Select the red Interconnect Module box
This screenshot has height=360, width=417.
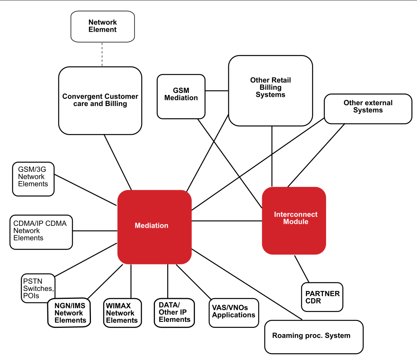[x=294, y=220]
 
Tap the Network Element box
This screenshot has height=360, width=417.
[x=102, y=26]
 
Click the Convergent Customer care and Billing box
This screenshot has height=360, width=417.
[x=100, y=100]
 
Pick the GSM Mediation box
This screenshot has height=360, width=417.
[x=181, y=96]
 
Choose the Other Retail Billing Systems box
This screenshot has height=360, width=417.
[x=270, y=90]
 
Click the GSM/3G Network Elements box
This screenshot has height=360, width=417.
[x=33, y=179]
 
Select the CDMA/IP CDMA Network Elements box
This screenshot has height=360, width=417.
[x=41, y=233]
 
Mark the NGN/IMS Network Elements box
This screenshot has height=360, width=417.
[x=69, y=313]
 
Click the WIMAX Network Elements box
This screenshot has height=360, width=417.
[x=122, y=313]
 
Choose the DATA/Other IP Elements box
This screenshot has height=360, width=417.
[x=174, y=313]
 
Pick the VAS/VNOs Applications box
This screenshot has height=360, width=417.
[x=234, y=313]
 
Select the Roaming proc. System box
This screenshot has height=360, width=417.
[x=314, y=337]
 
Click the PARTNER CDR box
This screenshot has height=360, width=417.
[x=322, y=297]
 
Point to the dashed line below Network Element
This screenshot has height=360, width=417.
[x=102, y=54]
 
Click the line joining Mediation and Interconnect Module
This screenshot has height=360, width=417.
[x=226, y=221]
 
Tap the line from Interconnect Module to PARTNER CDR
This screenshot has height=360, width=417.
[x=301, y=269]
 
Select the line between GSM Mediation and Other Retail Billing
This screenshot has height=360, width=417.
[x=216, y=91]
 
